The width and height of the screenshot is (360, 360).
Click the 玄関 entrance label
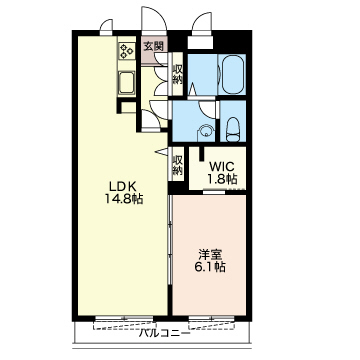tap(153, 46)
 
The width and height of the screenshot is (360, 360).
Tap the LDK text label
tap(121, 187)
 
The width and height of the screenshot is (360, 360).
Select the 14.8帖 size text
tap(124, 199)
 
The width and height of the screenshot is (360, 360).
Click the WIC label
tap(222, 166)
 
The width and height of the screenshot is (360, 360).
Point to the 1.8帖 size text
tap(223, 179)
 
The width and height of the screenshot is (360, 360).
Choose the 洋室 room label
tap(210, 255)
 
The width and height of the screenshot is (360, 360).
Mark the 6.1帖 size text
tap(210, 267)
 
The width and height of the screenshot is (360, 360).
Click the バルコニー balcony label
tap(164, 333)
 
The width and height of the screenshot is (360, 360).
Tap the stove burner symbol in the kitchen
tap(127, 51)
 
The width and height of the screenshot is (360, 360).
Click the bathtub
tap(232, 74)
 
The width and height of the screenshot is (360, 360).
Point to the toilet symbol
tap(233, 130)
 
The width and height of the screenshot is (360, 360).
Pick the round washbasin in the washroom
tap(206, 130)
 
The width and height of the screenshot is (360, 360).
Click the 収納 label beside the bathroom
tap(177, 74)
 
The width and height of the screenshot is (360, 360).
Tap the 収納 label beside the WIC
tap(177, 165)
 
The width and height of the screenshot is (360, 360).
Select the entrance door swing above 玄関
tap(153, 19)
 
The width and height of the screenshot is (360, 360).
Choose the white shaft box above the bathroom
tap(200, 42)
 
